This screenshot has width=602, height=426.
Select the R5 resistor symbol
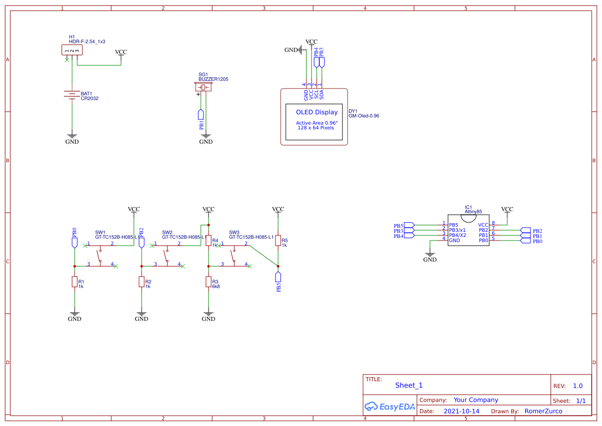pos(278,241)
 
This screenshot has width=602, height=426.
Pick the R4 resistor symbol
pos(209,241)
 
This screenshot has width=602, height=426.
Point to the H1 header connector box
pos(72,50)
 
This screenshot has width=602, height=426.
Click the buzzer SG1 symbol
pos(203,88)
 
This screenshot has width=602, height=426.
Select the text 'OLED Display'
pos(317,112)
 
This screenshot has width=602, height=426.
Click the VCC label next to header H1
pos(121,53)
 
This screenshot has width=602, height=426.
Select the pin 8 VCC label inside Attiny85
pos(483,225)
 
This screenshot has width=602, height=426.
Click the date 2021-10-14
pos(461,411)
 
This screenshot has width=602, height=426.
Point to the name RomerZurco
pos(543,411)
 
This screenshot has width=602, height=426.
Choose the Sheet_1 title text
pos(409,385)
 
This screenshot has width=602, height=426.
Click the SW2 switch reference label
pos(167,232)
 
